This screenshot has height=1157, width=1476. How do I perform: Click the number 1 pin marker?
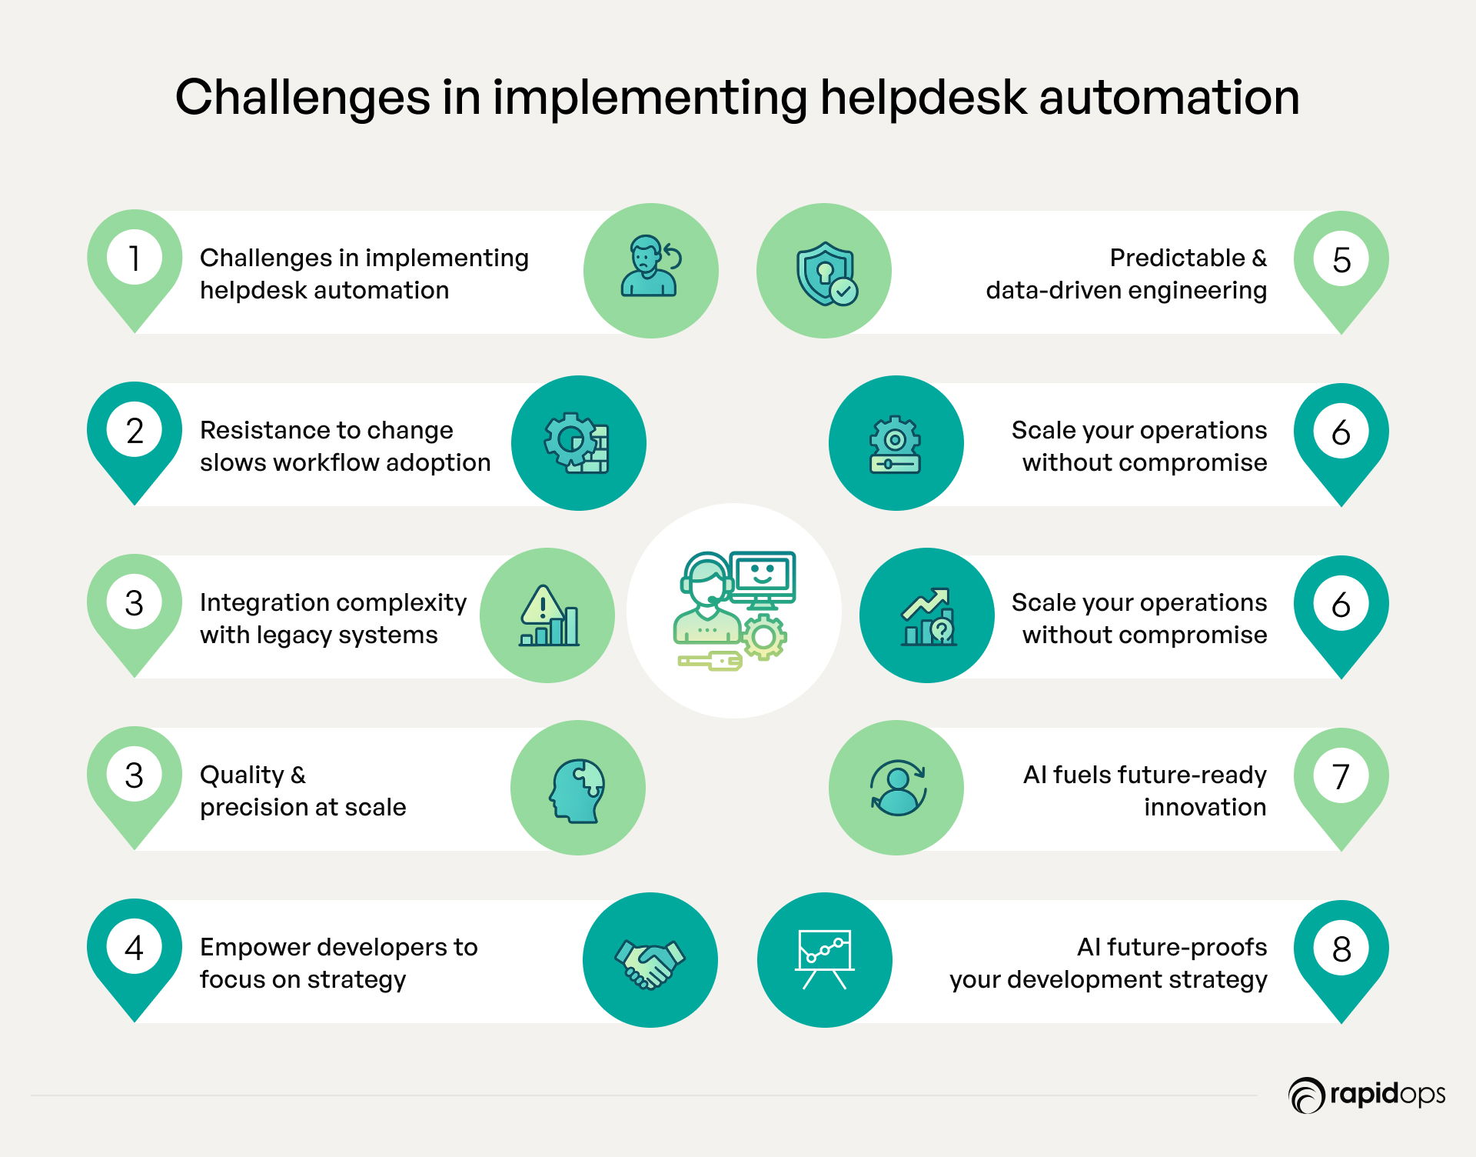135,265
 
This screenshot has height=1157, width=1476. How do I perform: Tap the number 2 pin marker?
135,438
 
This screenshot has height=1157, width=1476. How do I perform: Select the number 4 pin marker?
135,955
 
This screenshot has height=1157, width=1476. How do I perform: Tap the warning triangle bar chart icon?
549,615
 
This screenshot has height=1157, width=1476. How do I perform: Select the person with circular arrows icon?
897,787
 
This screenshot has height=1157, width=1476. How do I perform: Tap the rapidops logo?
1367,1095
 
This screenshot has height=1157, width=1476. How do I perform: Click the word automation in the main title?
1169,98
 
